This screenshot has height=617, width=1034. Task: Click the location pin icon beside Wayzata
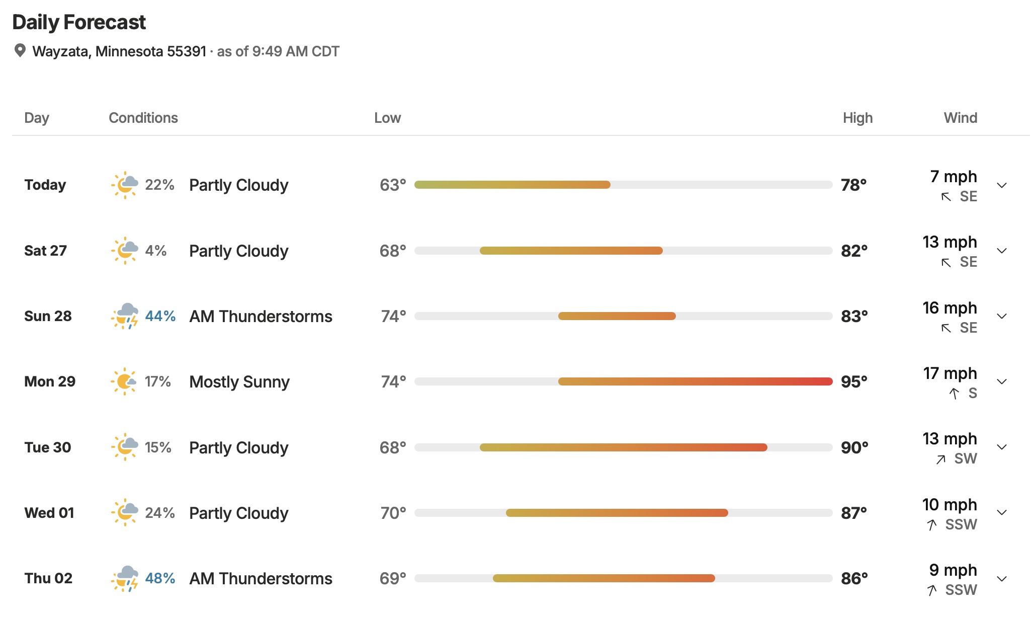point(20,50)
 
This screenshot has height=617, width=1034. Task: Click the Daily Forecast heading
point(79,22)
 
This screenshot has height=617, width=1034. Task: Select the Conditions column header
point(143,118)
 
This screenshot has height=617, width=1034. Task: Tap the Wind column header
point(961,118)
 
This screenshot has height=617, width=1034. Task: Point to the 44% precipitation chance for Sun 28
point(160,316)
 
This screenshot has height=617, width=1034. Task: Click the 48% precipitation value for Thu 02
point(160,578)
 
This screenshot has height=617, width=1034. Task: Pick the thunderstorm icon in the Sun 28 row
point(125,316)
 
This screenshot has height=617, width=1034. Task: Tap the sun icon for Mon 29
point(124,381)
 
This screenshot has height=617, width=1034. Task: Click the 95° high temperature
point(854,381)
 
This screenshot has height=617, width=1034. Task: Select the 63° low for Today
point(393,185)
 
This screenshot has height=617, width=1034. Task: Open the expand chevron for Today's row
point(1002,185)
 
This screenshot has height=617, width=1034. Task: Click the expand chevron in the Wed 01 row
point(1002,513)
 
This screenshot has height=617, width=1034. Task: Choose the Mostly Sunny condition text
point(239,382)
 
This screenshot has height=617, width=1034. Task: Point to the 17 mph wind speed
point(950,373)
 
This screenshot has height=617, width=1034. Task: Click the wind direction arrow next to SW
point(941,459)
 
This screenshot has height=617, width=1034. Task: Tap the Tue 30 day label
point(48,447)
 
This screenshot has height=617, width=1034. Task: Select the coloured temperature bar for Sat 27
point(571,251)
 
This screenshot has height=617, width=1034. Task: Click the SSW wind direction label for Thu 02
point(961,590)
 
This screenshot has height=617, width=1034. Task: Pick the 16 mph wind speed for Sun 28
point(950,308)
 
